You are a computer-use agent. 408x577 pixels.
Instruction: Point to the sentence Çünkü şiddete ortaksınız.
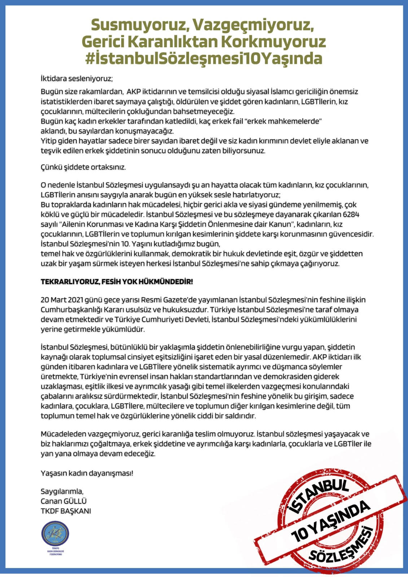click(83, 167)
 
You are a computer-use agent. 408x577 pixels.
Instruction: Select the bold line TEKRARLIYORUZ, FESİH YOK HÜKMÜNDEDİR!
click(117, 282)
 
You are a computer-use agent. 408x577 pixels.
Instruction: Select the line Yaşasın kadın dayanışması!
click(87, 473)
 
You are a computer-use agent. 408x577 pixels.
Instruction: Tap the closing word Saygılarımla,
click(62, 491)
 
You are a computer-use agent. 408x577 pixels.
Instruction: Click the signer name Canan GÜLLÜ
click(63, 501)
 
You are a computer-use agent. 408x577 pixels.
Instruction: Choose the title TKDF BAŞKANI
click(66, 511)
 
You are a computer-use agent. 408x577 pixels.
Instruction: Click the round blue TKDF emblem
click(55, 534)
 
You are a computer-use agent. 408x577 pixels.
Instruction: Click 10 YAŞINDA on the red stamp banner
click(330, 521)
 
